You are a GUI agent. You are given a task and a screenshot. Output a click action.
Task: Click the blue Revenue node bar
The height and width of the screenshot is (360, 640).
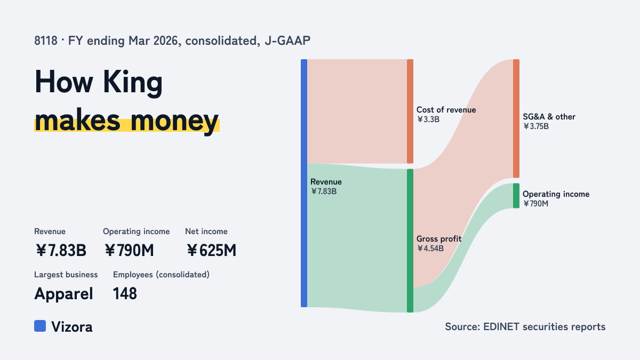click(x=304, y=183)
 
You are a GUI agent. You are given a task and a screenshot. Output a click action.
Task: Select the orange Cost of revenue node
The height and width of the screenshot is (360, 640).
click(x=410, y=111)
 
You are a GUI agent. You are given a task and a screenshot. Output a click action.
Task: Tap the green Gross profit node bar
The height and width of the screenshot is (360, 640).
click(x=410, y=241)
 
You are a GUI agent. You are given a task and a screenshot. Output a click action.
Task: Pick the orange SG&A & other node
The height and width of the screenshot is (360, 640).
click(x=516, y=118)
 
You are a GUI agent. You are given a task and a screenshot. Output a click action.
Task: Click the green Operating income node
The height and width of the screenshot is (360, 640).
click(x=516, y=196)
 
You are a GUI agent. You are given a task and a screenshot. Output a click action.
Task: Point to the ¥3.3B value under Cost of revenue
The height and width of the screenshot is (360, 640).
click(x=428, y=119)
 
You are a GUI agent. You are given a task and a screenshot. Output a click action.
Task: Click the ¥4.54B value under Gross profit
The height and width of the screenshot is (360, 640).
click(x=430, y=249)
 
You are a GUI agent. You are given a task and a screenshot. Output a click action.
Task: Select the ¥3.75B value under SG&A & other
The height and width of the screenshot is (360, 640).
click(x=536, y=126)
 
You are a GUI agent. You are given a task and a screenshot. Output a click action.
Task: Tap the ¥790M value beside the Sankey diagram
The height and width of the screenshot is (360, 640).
click(x=535, y=204)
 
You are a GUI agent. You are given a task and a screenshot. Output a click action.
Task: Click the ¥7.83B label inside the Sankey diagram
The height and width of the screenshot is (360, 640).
click(x=324, y=191)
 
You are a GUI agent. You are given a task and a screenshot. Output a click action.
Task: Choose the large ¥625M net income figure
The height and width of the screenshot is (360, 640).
click(x=211, y=251)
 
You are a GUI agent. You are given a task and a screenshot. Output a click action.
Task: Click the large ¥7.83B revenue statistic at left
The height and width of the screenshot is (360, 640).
click(x=61, y=251)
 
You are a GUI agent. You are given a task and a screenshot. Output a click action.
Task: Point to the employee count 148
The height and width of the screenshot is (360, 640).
click(x=125, y=294)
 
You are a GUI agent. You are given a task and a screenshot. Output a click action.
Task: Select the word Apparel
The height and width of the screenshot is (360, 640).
click(x=63, y=294)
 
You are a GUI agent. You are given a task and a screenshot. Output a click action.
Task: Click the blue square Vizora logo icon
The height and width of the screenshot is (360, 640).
click(x=40, y=326)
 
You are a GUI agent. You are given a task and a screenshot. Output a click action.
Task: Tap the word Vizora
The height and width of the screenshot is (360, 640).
click(x=72, y=327)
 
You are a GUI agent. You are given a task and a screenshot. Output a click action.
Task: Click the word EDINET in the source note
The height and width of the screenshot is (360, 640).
click(x=501, y=326)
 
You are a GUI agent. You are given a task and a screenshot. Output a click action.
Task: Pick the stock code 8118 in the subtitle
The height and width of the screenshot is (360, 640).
click(x=46, y=41)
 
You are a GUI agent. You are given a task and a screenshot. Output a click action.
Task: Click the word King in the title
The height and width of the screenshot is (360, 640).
click(x=133, y=83)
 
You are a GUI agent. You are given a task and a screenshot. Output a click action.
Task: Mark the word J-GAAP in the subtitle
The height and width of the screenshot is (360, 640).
click(x=287, y=41)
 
